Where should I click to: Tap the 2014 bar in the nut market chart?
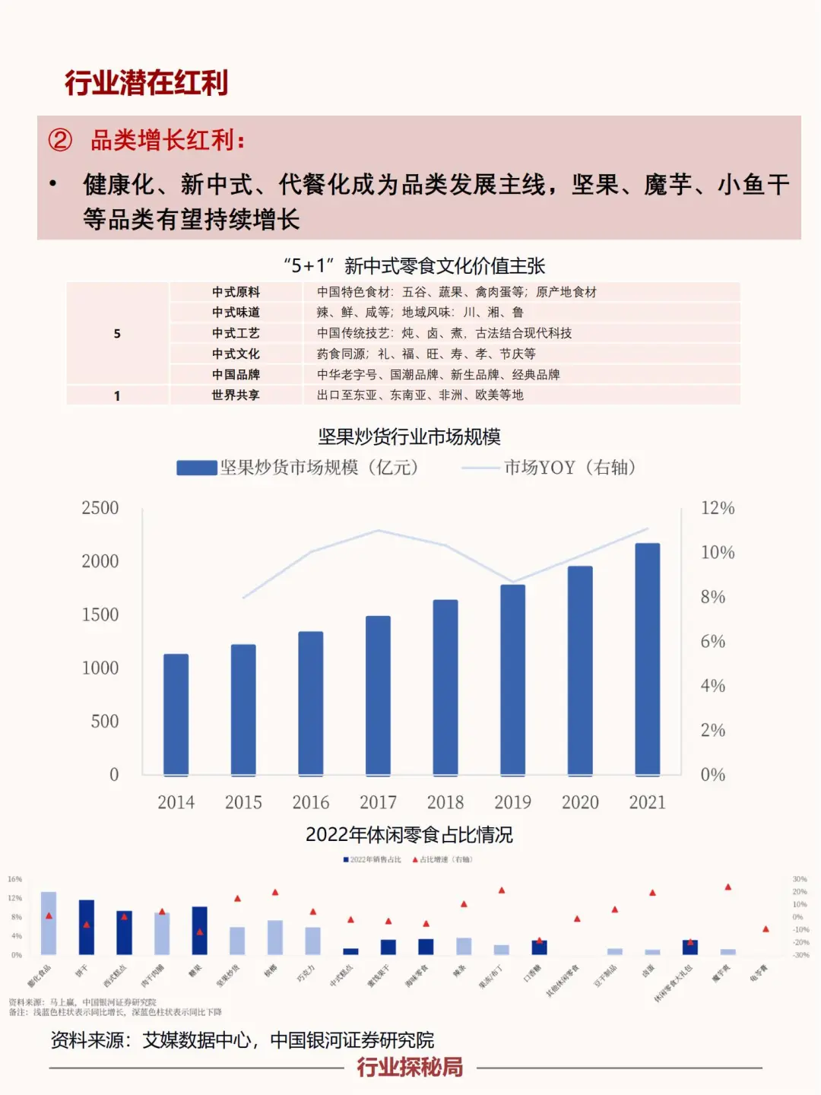pyautogui.click(x=176, y=714)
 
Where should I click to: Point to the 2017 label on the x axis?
pyautogui.click(x=378, y=802)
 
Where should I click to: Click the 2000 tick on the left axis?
pyautogui.click(x=100, y=561)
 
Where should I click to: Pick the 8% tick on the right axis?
pyautogui.click(x=712, y=597)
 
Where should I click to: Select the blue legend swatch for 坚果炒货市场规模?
pyautogui.click(x=196, y=468)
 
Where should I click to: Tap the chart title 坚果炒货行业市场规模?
pyautogui.click(x=409, y=436)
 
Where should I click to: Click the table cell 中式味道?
pyautogui.click(x=236, y=313)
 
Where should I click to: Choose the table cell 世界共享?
pyautogui.click(x=236, y=395)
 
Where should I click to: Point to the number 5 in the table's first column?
pyautogui.click(x=117, y=333)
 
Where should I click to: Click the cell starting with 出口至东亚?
pyautogui.click(x=420, y=395)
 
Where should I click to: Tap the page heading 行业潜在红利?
pyautogui.click(x=146, y=83)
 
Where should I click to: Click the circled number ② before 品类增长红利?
pyautogui.click(x=60, y=140)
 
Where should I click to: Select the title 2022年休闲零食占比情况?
pyautogui.click(x=409, y=834)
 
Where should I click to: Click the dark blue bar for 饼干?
pyautogui.click(x=87, y=927)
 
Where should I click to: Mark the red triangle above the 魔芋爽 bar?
pyautogui.click(x=727, y=887)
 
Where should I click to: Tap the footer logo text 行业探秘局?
pyautogui.click(x=410, y=1067)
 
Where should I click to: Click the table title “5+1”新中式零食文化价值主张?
pyautogui.click(x=414, y=265)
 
